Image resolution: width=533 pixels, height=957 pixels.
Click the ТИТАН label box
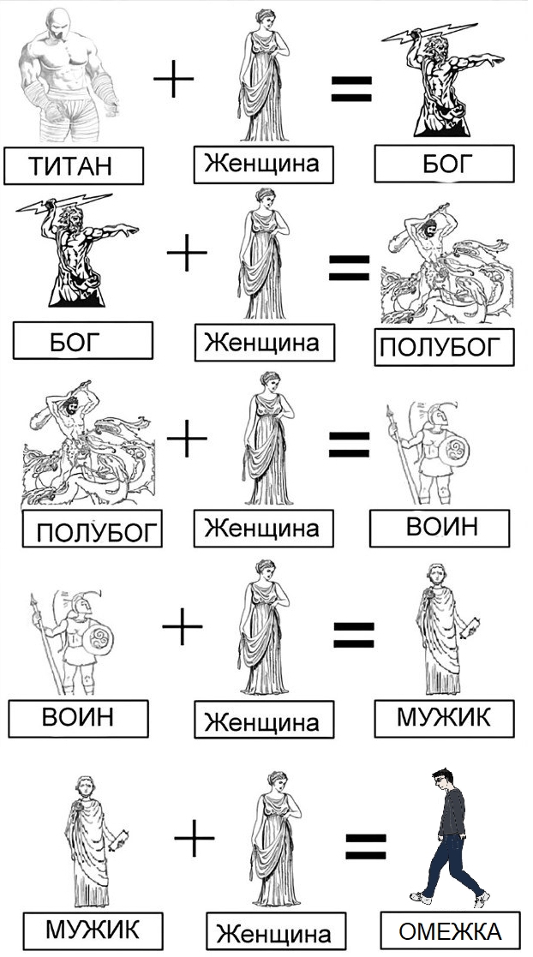[73, 165]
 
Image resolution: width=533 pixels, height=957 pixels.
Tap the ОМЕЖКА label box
[450, 930]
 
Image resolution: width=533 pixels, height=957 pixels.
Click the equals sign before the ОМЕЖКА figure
[366, 846]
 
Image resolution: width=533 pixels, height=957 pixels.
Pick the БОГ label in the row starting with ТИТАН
[445, 164]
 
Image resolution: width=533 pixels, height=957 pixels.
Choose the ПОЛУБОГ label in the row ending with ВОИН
[93, 529]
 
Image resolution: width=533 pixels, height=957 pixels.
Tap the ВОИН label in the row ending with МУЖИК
[78, 718]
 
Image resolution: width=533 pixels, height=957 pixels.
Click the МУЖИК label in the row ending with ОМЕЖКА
[93, 930]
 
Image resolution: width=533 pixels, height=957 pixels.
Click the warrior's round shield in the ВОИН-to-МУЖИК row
[99, 637]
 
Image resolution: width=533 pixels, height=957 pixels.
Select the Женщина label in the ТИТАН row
[264, 164]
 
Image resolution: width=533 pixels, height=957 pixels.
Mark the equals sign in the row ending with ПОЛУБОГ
[350, 267]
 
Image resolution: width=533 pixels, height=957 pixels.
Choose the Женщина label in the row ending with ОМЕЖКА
[276, 932]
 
